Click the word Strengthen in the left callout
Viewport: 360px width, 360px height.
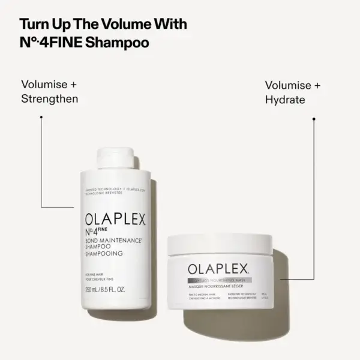click(50, 98)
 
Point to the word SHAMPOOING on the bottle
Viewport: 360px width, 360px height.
click(104, 254)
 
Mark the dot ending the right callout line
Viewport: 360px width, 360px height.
click(314, 118)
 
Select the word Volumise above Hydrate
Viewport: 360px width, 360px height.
click(292, 85)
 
